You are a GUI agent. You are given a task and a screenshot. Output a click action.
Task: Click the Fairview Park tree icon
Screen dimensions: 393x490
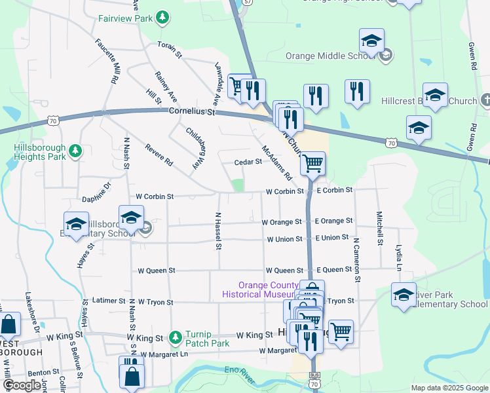point(164,18)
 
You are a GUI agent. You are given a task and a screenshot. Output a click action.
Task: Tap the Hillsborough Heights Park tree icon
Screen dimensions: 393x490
point(76,152)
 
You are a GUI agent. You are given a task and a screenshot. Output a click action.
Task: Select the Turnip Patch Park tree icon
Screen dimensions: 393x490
point(175,338)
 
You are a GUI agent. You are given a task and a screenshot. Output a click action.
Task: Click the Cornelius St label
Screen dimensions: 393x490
point(192,112)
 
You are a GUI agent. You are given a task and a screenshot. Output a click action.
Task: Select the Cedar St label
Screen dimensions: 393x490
point(249,162)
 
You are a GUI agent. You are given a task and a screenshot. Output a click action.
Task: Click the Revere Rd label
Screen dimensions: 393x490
point(159,157)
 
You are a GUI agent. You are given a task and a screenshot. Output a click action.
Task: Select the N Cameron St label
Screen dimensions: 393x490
point(357,260)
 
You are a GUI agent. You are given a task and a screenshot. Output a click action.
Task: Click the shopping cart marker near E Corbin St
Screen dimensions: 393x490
point(313,164)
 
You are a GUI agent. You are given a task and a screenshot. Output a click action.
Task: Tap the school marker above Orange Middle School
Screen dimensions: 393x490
point(371,41)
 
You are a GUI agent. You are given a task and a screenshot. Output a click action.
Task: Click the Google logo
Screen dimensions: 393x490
point(22,386)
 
